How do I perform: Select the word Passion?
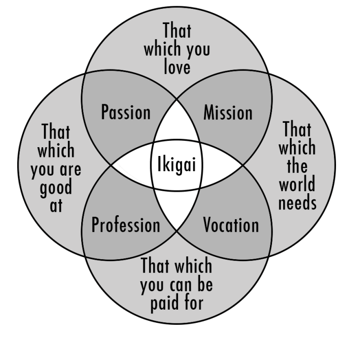pos(126,112)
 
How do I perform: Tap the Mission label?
pos(228,112)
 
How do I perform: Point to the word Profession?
pos(126,225)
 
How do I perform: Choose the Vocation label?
pos(231,225)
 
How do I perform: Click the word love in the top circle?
pos(177,67)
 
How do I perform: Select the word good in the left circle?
pos(56,187)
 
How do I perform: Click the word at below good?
pos(56,205)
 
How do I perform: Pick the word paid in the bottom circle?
pos(161,302)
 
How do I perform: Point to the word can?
pos(179,285)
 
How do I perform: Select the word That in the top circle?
pos(177,31)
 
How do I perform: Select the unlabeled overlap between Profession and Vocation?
pos(177,210)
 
